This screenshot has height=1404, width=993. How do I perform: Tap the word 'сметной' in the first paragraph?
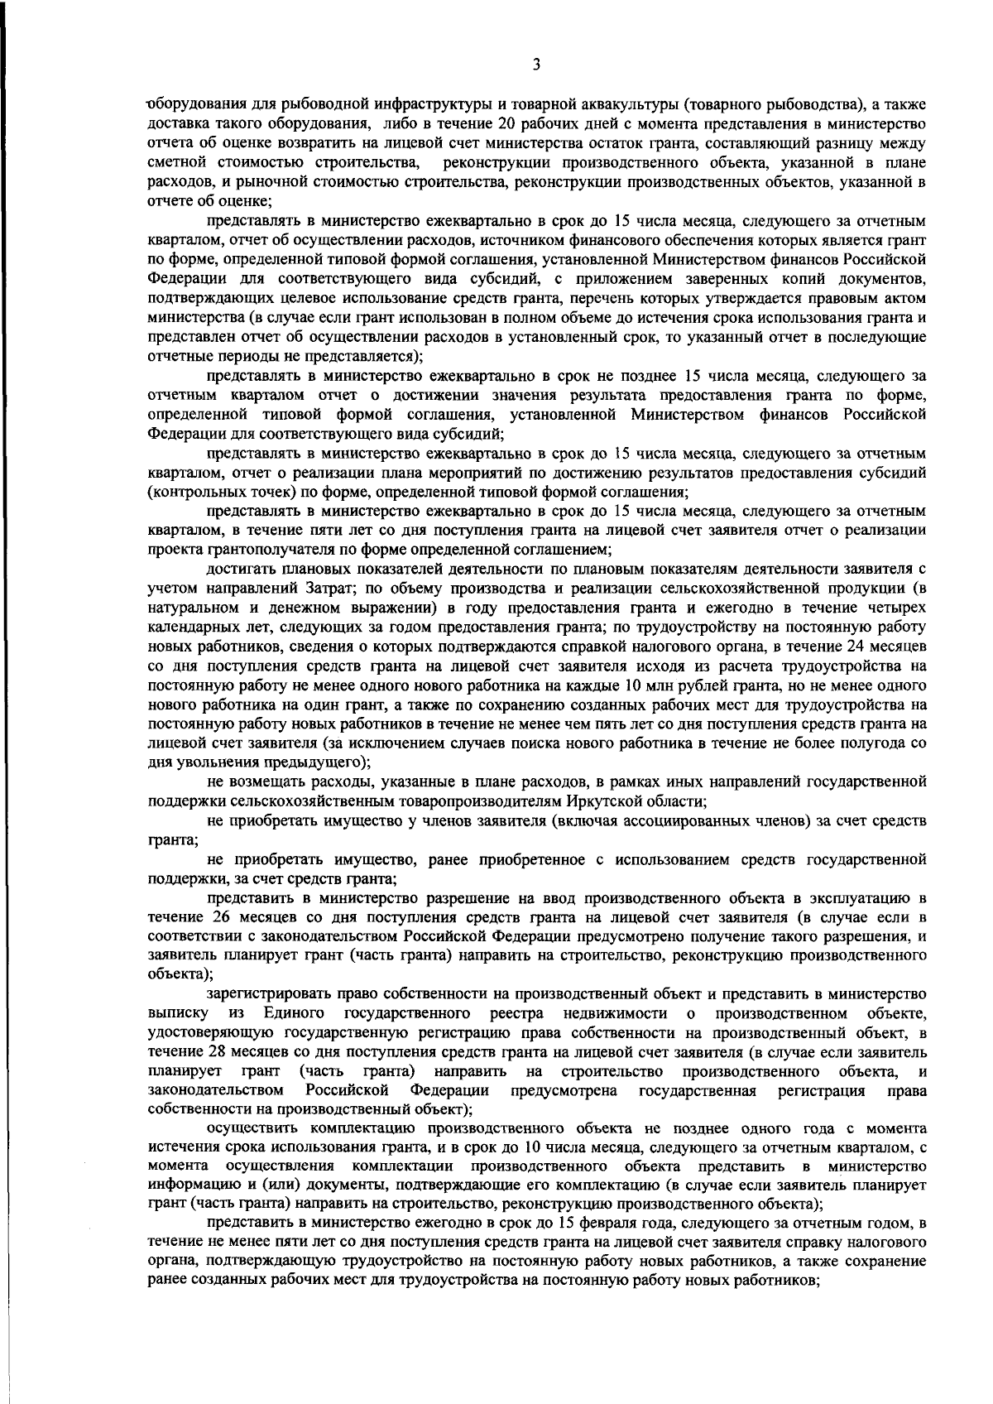173,162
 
